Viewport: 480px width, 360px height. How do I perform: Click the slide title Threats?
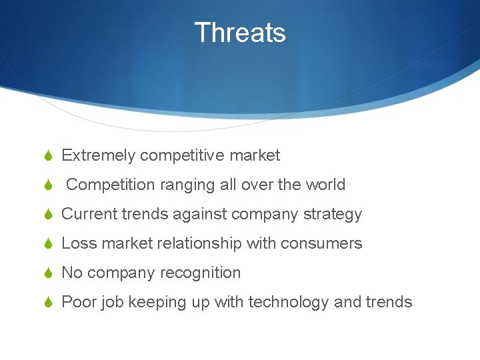tap(240, 33)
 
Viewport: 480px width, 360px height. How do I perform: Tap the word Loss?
tap(78, 243)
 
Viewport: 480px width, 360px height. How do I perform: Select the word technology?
tap(289, 303)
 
